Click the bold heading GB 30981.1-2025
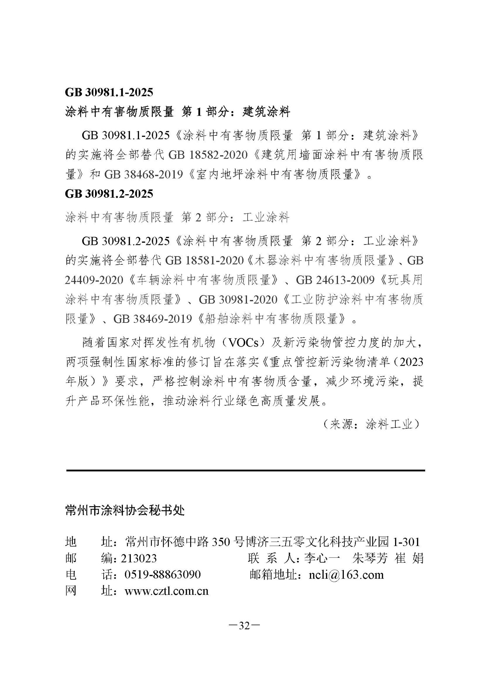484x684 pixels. [x=109, y=92]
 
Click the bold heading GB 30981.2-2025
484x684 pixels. [x=109, y=194]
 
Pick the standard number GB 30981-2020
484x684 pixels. [x=238, y=300]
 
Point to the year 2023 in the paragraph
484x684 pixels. [x=411, y=362]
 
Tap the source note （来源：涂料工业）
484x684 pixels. [x=371, y=425]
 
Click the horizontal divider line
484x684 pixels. [x=245, y=471]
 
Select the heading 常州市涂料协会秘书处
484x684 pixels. [x=125, y=511]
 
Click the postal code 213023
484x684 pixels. [x=139, y=558]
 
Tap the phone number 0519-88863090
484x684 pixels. [x=162, y=575]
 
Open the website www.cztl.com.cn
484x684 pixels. [x=167, y=591]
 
